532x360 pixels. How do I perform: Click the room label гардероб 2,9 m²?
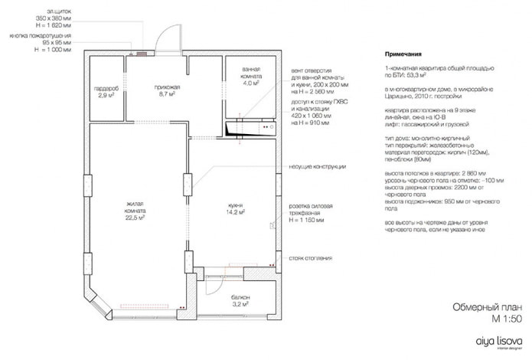(106, 92)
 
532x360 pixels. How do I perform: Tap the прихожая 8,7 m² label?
(167, 92)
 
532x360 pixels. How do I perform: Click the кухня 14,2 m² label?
(236, 209)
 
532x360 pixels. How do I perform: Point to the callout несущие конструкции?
(318, 166)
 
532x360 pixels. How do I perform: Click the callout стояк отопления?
(311, 258)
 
